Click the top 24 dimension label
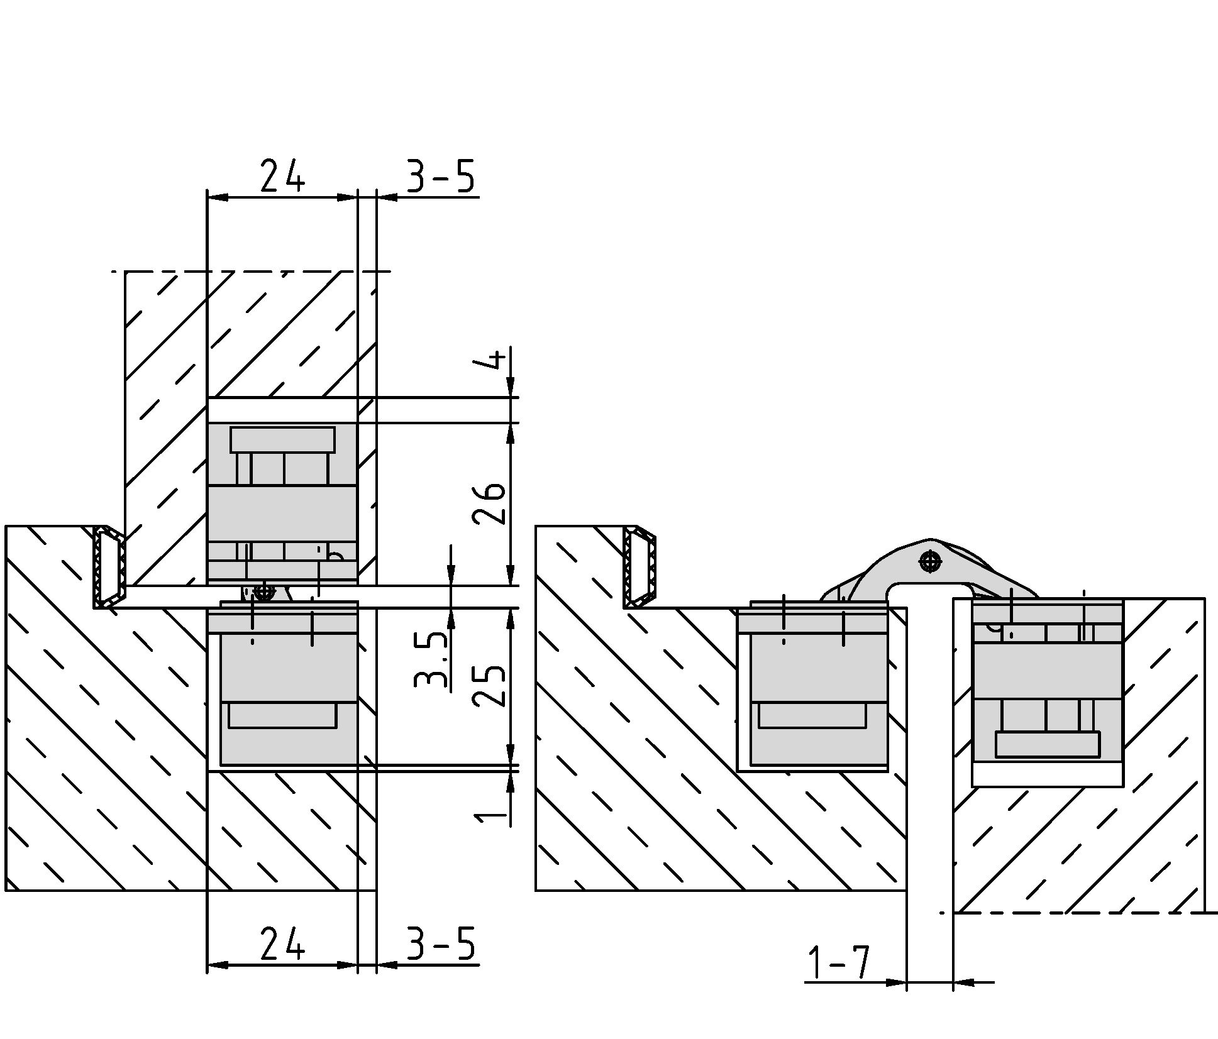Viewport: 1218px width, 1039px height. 282,175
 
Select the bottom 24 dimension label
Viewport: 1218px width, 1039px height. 282,943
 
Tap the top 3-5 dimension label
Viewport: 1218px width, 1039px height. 440,175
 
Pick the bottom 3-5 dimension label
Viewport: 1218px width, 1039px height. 440,943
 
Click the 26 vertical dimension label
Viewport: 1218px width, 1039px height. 489,503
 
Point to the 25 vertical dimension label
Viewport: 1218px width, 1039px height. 489,686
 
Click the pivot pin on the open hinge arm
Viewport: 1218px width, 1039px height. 930,561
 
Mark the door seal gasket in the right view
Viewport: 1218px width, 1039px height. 640,567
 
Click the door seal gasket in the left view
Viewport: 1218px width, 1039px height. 109,567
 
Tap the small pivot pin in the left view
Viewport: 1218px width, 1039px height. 265,591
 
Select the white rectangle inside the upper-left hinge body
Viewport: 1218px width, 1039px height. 282,440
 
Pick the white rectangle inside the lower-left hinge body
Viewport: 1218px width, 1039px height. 282,715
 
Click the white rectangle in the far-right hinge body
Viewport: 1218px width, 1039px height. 1048,744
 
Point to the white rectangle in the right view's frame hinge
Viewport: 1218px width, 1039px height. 812,715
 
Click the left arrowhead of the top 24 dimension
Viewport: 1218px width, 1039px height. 218,198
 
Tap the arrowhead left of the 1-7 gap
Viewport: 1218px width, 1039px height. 895,982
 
